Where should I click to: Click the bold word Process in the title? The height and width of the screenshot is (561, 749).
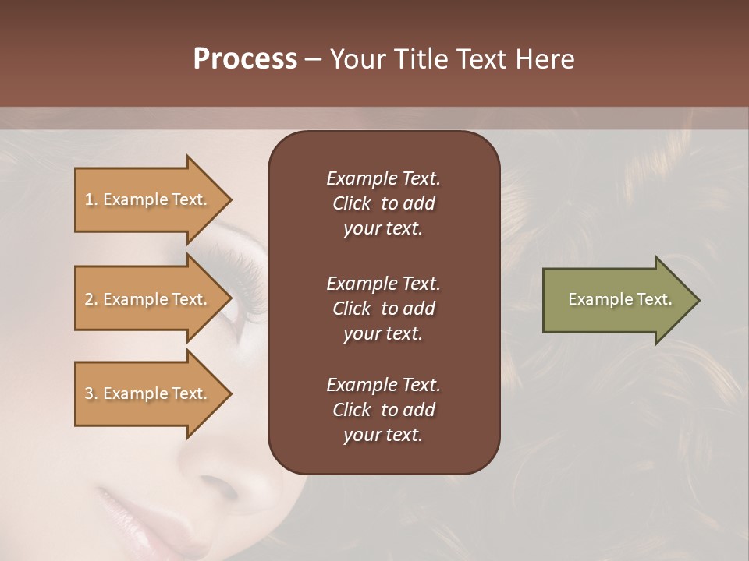click(x=245, y=60)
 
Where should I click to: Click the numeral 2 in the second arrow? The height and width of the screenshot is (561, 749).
click(x=89, y=299)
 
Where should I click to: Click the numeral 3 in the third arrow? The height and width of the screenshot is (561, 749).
click(x=89, y=393)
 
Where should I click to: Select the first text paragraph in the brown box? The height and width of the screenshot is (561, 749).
click(x=383, y=203)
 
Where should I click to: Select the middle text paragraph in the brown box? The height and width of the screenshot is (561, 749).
click(x=383, y=309)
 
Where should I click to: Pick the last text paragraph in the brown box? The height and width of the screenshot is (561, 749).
click(x=383, y=410)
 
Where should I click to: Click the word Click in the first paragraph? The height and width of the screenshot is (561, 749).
click(x=352, y=203)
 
